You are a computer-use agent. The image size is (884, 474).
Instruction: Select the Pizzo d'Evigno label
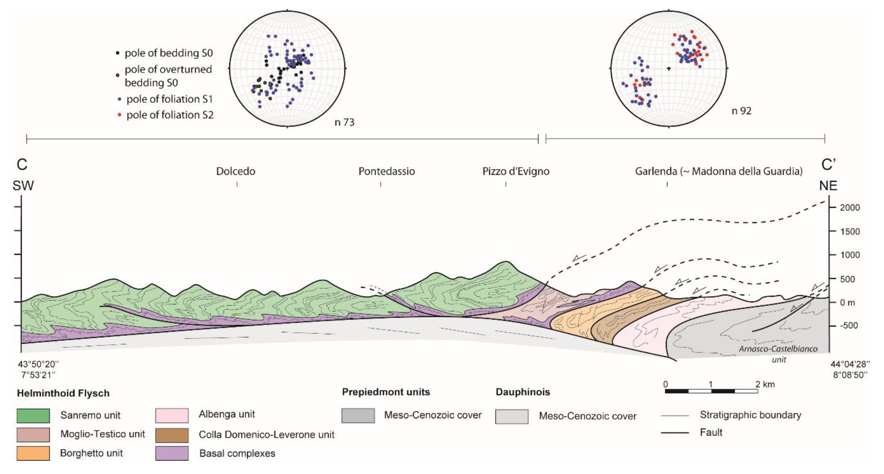click(x=516, y=171)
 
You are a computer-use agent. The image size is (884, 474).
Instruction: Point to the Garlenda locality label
click(x=655, y=171)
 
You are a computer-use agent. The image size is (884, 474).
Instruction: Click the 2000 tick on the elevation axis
click(x=849, y=208)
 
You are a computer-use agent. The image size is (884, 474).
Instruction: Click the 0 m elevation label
click(x=847, y=303)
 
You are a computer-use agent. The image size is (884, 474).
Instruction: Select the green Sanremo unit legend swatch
click(x=33, y=415)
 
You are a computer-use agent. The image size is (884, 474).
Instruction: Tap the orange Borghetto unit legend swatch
click(x=33, y=453)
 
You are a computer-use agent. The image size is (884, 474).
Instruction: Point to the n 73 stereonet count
click(x=344, y=122)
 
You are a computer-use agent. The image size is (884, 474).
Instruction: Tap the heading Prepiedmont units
click(x=386, y=392)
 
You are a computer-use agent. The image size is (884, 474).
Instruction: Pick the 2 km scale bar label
click(x=765, y=384)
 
